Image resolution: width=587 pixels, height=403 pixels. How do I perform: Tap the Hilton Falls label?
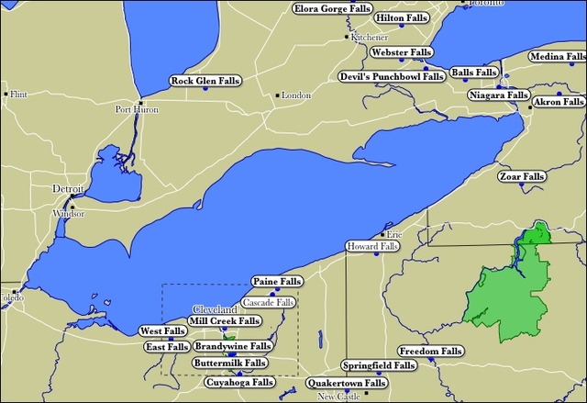coord(397,17)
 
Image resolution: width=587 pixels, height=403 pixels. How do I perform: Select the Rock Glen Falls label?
coord(205,82)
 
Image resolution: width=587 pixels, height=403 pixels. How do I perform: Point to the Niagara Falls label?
coord(498,95)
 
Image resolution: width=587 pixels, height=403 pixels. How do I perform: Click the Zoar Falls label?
coord(521,176)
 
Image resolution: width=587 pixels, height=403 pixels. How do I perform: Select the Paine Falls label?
coord(276,281)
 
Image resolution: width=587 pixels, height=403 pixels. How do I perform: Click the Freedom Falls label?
coord(432,352)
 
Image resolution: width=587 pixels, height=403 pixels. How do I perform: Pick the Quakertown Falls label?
coord(346,383)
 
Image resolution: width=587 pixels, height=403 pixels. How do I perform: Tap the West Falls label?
coord(162,330)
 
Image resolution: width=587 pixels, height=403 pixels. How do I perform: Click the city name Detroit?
coord(68,188)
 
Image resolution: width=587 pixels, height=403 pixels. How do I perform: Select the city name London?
coord(296,95)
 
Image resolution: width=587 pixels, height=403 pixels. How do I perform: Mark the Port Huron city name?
coord(137,110)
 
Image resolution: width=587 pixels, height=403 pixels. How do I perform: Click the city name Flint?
coord(19,94)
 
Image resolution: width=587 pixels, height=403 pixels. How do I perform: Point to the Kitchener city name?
coord(367,38)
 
